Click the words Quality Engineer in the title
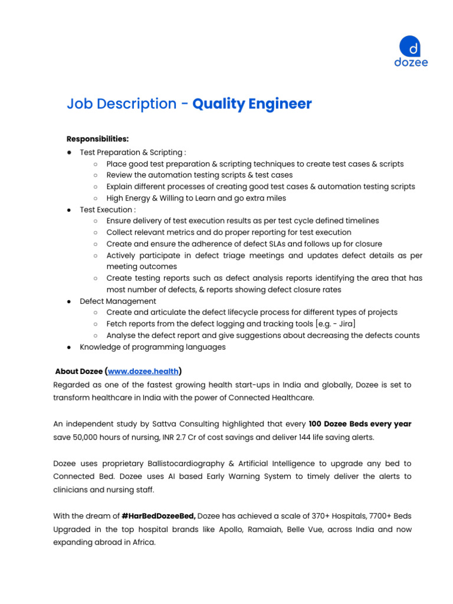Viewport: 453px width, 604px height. coord(252,104)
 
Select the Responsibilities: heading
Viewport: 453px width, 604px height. coord(97,139)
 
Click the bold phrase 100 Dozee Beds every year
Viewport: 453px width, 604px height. coord(360,424)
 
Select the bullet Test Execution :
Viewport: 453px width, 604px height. coord(107,209)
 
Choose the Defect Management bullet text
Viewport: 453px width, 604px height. coord(118,301)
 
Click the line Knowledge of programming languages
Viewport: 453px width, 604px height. coord(152,347)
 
